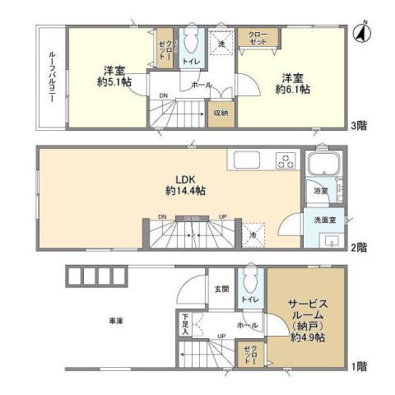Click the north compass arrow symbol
360,34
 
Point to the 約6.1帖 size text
292,87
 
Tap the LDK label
184,177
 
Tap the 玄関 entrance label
221,288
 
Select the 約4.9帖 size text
307,336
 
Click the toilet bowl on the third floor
191,40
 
